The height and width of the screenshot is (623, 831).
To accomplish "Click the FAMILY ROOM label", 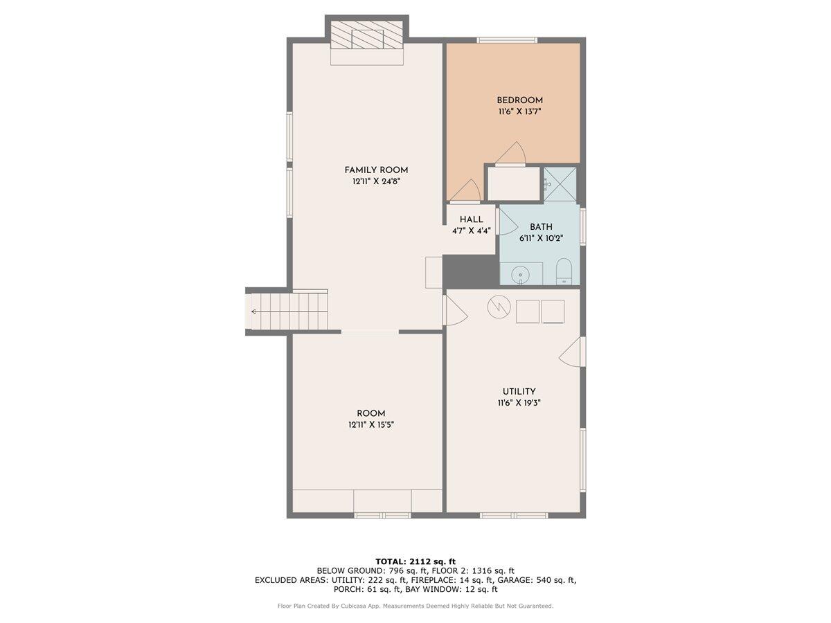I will pos(376,170).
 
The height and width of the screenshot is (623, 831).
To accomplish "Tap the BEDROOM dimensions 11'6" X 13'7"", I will pos(519,111).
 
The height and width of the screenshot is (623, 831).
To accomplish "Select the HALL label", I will pos(471,219).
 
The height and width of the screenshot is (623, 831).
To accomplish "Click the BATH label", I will pos(541,226).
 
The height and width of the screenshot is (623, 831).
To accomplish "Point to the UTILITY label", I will pos(519,391).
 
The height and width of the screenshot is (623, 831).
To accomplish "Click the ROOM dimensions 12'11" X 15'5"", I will pos(371,424).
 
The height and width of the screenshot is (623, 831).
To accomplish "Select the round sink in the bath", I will pos(522,275).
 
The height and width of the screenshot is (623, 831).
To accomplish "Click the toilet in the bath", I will pos(564,272).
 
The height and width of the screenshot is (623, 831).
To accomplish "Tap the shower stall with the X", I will pos(560,184).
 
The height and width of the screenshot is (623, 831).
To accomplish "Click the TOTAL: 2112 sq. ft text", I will pos(415,561).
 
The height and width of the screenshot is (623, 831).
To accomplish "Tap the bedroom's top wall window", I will pos(507,40).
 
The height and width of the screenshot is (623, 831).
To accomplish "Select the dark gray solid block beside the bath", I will pos(470,270).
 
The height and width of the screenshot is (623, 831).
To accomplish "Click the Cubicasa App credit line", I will pos(415,606).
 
